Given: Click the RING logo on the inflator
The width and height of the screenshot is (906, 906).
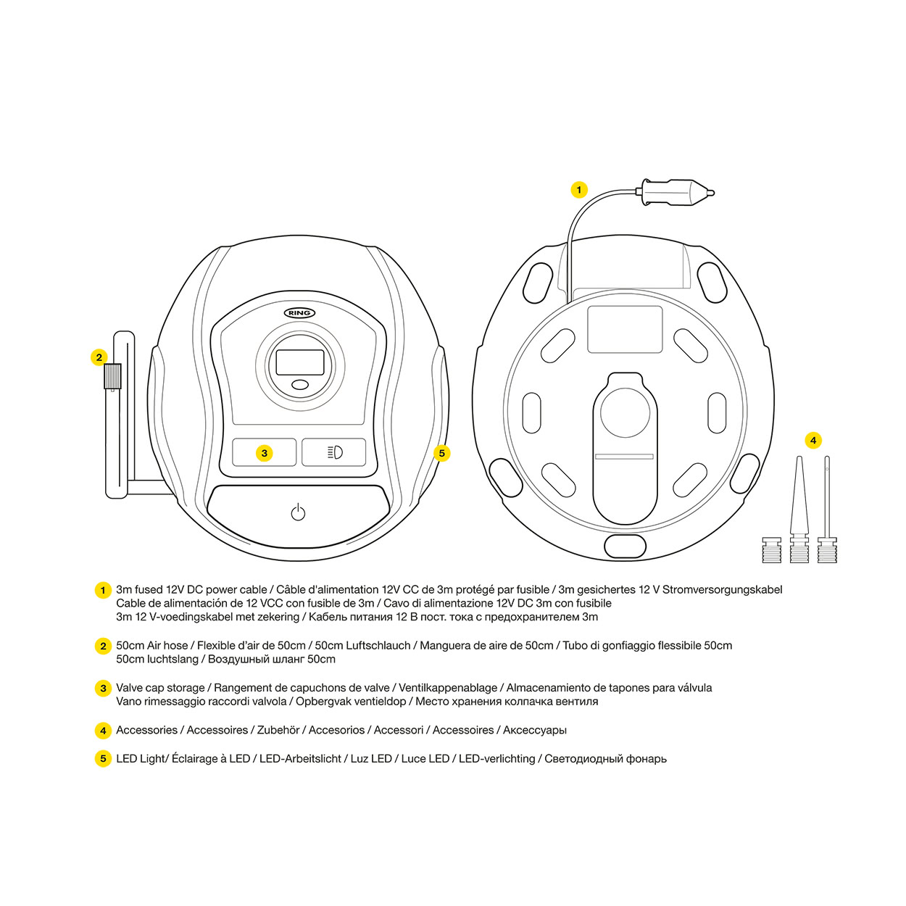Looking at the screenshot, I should coord(299,313).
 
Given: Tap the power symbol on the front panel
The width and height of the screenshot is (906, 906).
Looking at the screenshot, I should coord(298,512).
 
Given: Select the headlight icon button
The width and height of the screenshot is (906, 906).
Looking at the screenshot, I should coord(334,452).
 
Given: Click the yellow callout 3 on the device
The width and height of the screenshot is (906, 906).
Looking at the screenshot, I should coord(265,453).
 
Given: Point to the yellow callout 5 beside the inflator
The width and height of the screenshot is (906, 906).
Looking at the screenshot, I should coord(441,453).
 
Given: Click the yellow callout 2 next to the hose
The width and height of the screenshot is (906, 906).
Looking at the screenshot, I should coord(99,357).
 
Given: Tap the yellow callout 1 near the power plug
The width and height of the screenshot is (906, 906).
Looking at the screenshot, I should coord(578,190).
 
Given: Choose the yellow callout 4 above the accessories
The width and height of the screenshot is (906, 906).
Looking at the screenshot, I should coord(813,440).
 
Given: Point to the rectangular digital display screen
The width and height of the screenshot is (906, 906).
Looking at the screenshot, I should coord(299,362).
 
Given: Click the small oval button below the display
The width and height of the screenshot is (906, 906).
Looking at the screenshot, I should coord(299,385).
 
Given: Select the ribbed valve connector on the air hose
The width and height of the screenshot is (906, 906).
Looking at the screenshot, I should coord(112,376).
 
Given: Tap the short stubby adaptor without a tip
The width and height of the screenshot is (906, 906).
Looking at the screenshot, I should coord(771,550).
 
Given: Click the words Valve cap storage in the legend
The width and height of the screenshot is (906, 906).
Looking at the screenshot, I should coord(160,688).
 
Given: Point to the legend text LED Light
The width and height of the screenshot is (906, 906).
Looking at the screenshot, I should coord(141,759).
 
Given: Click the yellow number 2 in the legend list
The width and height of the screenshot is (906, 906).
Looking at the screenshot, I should coord(103,646).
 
